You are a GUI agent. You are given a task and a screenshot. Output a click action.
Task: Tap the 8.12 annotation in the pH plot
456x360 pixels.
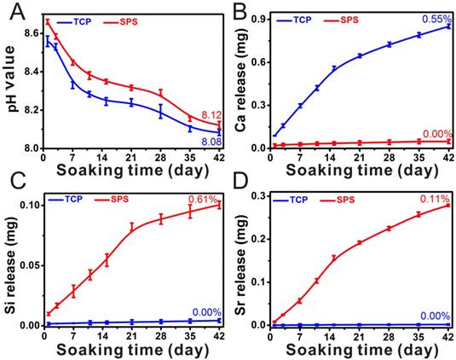(211, 116)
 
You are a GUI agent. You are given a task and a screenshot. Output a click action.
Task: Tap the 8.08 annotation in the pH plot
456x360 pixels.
(211, 141)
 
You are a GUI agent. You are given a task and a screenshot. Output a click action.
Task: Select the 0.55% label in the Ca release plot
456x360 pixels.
(436, 18)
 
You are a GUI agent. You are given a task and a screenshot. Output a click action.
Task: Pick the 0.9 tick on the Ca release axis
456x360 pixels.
(257, 19)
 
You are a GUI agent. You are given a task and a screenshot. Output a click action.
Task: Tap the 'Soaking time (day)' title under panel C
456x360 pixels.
(129, 348)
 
